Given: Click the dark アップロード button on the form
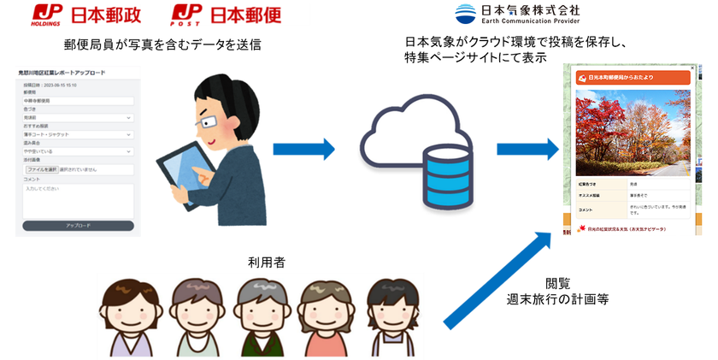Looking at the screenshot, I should click(77, 226).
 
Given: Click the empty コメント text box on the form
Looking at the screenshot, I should click(77, 200).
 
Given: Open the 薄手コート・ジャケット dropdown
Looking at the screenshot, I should click(77, 134).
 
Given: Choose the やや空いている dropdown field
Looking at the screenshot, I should click(77, 151).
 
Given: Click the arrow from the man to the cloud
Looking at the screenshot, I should click(304, 149).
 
